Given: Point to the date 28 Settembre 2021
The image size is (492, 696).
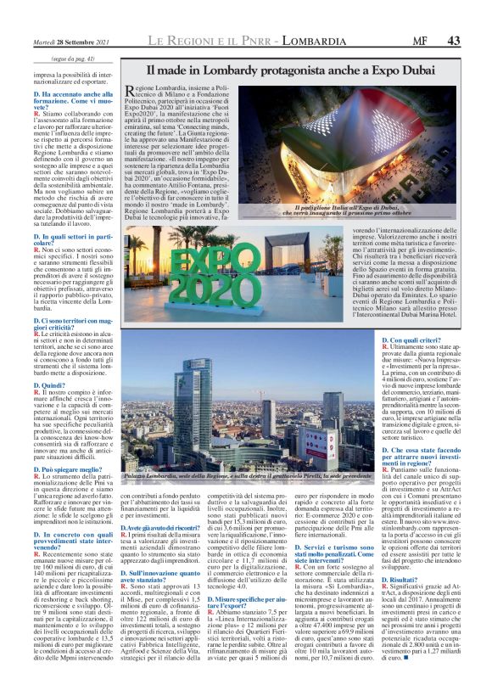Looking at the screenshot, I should [67, 41].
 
